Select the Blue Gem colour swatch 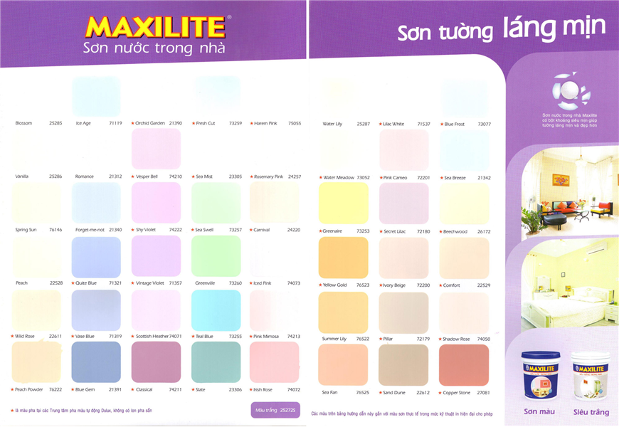96,362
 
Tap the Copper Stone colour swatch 464,364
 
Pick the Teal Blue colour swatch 216,310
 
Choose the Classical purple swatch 156,362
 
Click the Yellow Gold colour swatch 343,257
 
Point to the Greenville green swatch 216,256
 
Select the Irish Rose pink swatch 275,362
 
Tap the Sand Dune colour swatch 403,364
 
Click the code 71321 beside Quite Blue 115,283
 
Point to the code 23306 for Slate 236,389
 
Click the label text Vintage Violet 149,283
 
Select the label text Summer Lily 334,339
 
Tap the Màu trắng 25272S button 275,410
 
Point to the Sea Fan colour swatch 343,364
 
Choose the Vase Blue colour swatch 96,310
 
